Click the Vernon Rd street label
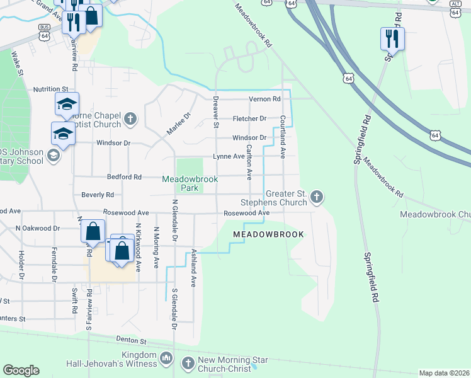click(264, 99)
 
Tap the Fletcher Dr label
click(249, 118)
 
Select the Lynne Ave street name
click(229, 156)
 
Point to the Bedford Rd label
click(124, 177)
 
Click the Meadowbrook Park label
click(190, 183)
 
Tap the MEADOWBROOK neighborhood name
click(268, 234)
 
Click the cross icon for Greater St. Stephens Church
click(317, 198)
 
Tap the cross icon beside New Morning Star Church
click(188, 363)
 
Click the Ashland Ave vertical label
click(194, 270)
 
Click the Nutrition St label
click(50, 89)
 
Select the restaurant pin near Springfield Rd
click(392, 38)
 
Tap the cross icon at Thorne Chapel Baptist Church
click(130, 118)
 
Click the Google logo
click(21, 370)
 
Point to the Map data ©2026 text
click(443, 373)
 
